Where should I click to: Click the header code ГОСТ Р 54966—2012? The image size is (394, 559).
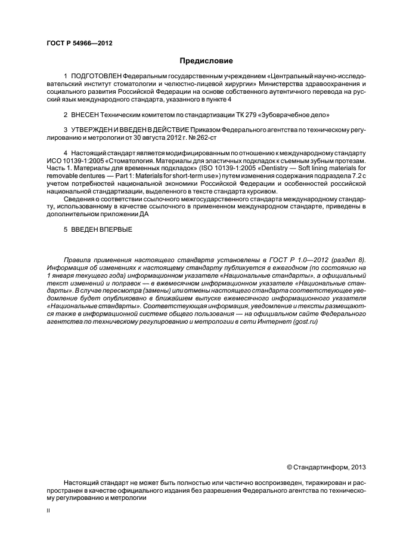click(x=79, y=44)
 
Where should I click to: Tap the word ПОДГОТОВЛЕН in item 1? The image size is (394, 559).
click(x=96, y=77)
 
